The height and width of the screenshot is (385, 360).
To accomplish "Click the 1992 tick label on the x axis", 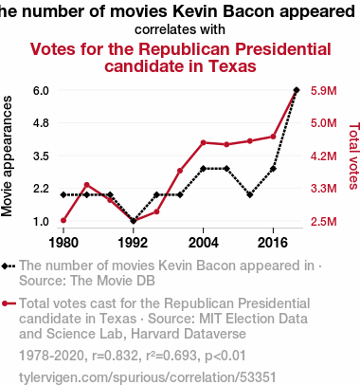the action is [133, 243].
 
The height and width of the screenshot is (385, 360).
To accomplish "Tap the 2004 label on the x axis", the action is [203, 243].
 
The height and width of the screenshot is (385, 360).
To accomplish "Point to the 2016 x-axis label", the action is [273, 243].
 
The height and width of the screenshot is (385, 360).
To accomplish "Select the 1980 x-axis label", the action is [63, 243].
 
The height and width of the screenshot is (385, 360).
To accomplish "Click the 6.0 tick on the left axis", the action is [41, 91].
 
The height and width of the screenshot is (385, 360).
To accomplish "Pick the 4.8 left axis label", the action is [41, 123].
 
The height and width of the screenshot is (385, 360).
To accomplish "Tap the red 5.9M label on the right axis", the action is [324, 91].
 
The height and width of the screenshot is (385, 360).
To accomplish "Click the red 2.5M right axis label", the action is [324, 221].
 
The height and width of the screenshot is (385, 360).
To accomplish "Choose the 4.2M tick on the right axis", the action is [324, 156].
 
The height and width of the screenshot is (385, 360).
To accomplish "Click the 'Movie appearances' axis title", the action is [7, 156].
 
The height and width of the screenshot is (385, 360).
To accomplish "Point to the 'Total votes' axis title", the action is [354, 156].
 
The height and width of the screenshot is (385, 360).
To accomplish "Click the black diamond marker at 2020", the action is [297, 90].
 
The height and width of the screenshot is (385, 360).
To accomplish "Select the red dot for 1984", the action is [87, 185].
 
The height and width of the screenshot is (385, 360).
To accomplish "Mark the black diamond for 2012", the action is [250, 194].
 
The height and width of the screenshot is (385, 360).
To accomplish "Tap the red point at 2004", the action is [204, 142].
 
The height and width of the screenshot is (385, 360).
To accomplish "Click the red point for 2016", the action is [273, 137].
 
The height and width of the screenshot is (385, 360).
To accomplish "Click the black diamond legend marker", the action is [5, 266].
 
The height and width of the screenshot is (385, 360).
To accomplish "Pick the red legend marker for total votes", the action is [5, 303].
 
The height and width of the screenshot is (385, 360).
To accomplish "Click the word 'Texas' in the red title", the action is [232, 66].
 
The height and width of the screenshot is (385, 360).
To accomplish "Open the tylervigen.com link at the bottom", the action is [148, 377].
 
